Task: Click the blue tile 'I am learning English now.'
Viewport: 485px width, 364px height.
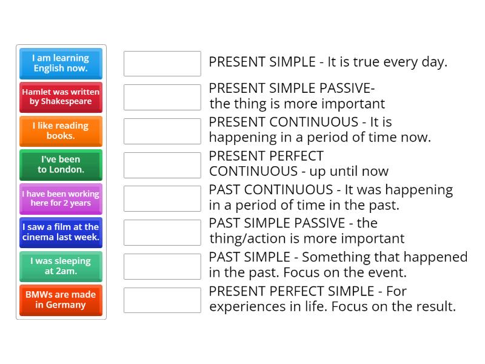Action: tap(61, 63)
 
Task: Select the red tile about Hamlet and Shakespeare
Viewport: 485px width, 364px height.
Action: tap(61, 97)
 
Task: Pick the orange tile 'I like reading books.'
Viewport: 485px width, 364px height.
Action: tap(61, 131)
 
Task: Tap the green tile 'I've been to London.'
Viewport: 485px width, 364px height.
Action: tap(61, 165)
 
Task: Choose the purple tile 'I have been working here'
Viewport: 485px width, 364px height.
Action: tap(61, 199)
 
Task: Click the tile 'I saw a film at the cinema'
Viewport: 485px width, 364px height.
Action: tap(61, 232)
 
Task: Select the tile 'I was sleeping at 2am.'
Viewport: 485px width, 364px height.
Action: tap(61, 266)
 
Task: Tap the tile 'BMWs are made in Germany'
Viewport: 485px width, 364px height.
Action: tap(61, 300)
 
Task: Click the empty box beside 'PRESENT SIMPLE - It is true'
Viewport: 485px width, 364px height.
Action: tap(162, 64)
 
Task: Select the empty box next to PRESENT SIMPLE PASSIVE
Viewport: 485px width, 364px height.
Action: tap(162, 97)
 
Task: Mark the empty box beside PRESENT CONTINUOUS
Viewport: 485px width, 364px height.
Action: tap(162, 131)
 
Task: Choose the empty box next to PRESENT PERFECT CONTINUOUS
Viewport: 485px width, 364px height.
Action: tap(162, 165)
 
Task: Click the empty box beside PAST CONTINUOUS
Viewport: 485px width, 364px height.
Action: tap(162, 198)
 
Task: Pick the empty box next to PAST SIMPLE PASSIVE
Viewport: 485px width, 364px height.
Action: tap(162, 232)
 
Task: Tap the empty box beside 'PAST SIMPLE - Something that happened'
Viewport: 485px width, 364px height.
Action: tap(162, 266)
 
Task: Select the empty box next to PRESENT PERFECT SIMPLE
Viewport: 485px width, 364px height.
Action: tap(162, 300)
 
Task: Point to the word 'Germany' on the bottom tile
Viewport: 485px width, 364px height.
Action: tap(65, 305)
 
